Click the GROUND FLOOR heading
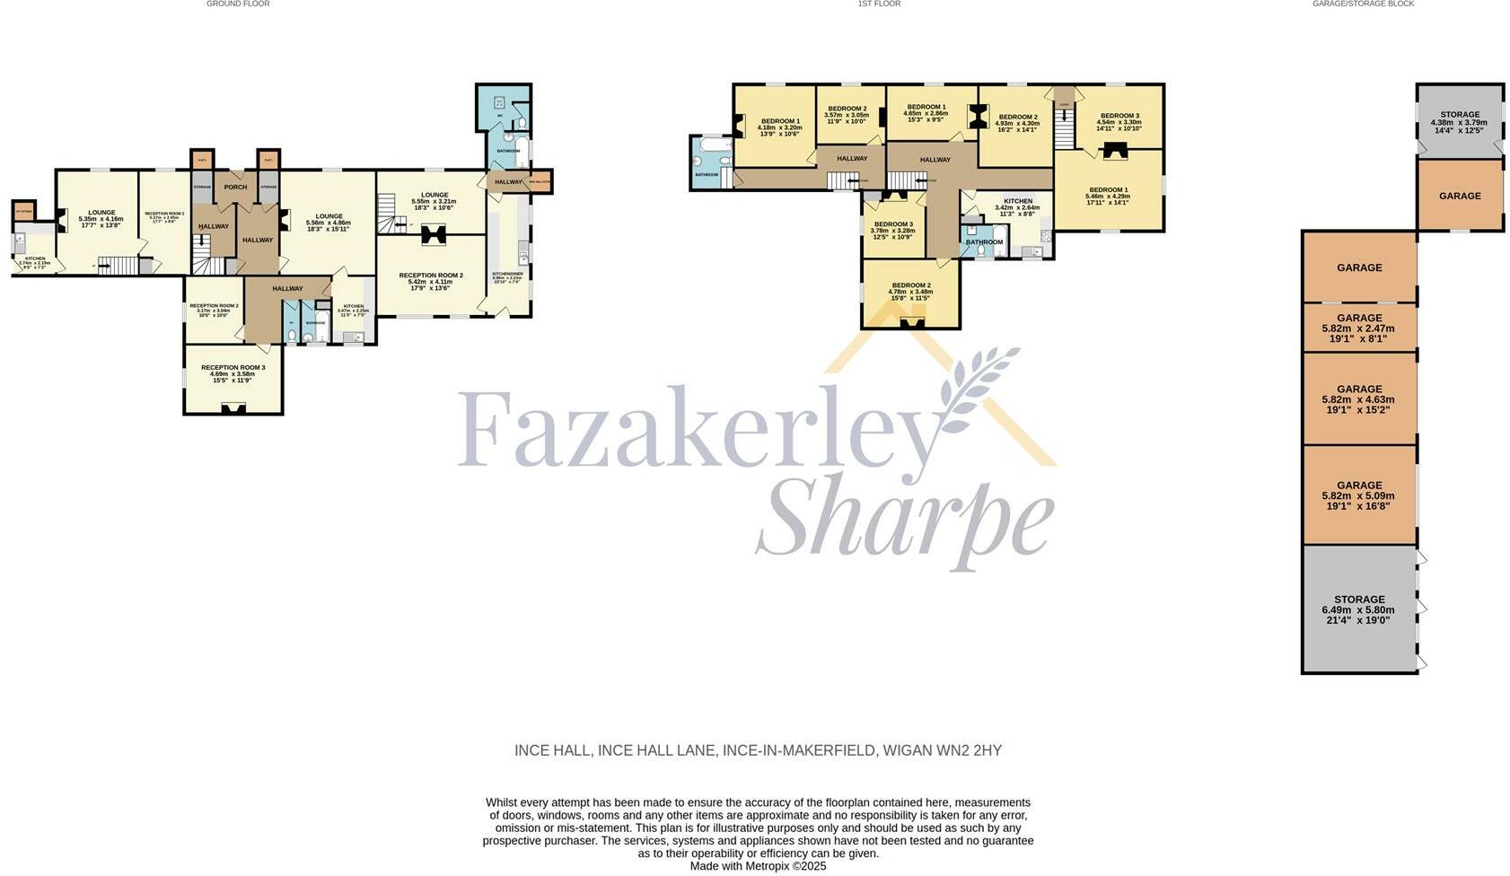(238, 4)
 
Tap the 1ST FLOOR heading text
(879, 4)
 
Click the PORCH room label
(235, 187)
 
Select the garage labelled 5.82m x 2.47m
(1359, 328)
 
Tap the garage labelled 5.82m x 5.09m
(1359, 495)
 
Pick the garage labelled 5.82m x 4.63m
(1359, 399)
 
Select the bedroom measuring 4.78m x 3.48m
(910, 291)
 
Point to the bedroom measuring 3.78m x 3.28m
(893, 231)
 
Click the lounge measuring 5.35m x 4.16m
(101, 218)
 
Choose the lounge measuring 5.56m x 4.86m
(329, 222)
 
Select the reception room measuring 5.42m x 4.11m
(431, 281)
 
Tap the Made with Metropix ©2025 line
(758, 866)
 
